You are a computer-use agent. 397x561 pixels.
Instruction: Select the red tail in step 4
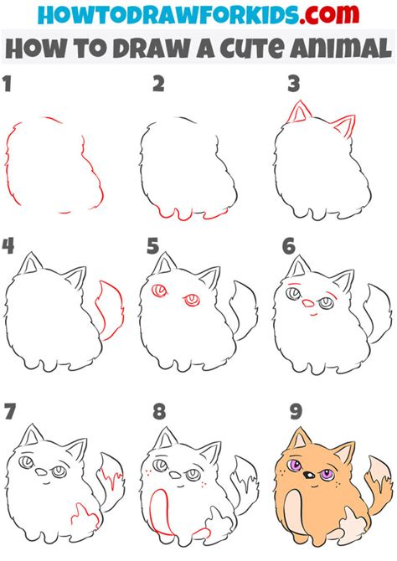coord(106,311)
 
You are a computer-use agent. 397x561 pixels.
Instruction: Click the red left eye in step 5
coord(158,291)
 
